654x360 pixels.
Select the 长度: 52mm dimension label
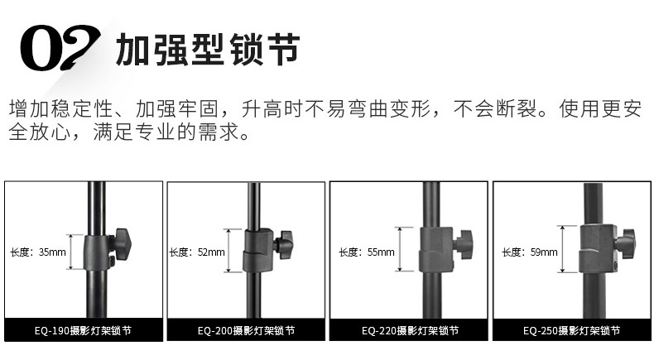[197, 252]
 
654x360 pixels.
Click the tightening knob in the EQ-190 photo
[123, 242]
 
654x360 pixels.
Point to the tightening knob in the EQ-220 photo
[462, 243]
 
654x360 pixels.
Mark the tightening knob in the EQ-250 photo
[627, 242]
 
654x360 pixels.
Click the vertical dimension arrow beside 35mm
[72, 252]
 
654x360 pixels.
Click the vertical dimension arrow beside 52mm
[232, 252]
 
